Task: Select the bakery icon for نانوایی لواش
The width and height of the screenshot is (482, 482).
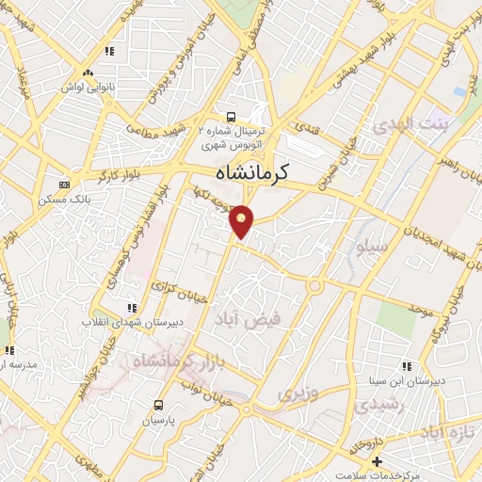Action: (88, 72)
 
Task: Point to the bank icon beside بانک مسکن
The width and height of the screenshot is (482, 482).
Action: (63, 185)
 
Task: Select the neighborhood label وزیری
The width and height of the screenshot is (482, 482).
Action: (297, 391)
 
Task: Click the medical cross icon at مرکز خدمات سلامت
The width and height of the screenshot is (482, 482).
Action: (377, 462)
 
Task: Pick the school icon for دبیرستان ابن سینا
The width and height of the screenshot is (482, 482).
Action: (406, 365)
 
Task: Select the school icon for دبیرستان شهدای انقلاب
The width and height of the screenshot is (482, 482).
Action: (132, 308)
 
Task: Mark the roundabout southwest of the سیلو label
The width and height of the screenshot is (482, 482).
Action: (315, 285)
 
